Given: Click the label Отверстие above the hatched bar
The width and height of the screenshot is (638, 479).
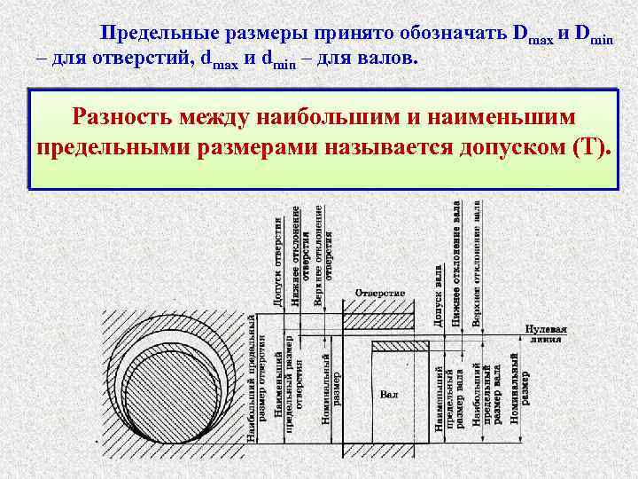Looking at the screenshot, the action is pos(379,293).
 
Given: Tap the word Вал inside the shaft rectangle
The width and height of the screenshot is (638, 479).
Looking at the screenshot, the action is pos(387,393).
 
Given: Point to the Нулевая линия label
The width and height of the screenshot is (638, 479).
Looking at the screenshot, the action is pos(545,334).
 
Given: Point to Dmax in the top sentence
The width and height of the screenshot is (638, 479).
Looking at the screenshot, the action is pos(532,35).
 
